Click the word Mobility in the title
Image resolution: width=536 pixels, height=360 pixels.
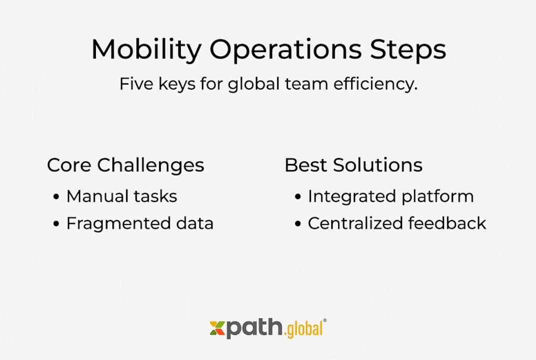146,50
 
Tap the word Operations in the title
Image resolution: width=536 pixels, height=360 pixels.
285,50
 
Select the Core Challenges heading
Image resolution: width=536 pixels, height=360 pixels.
125,165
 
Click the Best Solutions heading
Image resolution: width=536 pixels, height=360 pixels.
353,165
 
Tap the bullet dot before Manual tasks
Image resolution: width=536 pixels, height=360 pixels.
56,197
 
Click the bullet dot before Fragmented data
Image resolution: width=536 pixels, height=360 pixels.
56,224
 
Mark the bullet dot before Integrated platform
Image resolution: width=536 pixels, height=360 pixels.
298,197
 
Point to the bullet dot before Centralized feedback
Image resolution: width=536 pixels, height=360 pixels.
298,224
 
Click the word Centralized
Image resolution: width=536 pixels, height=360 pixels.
355,223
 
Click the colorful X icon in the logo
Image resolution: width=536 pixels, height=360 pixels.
217,328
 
